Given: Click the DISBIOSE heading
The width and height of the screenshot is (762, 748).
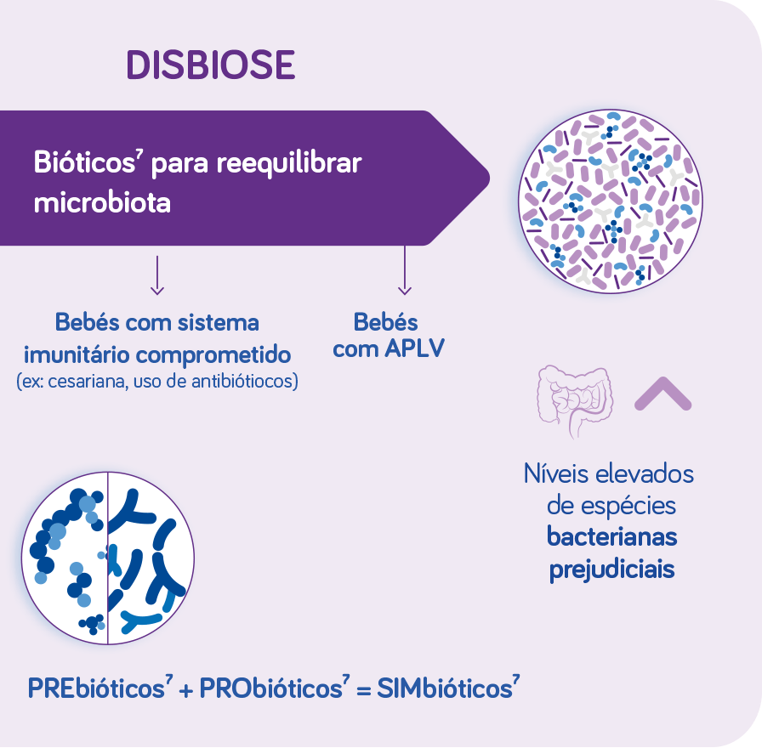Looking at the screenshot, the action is coord(210,65).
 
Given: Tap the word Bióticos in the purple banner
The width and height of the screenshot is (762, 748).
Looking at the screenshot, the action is coord(84,161).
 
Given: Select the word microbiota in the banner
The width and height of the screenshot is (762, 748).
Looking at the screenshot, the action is coord(102,202).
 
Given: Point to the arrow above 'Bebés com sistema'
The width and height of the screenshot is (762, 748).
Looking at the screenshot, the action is coord(157,275).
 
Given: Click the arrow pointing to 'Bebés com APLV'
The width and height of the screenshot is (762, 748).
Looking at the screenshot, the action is coord(404,270).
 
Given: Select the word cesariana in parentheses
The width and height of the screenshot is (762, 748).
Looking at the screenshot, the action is coord(88,382).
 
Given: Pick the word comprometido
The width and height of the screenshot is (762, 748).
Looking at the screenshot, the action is coord(213,355).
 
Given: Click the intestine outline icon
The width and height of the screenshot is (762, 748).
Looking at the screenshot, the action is coord(576,401).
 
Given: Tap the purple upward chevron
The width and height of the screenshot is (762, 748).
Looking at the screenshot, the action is coord(662,394).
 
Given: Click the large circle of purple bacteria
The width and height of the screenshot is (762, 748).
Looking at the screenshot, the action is coord(611,201).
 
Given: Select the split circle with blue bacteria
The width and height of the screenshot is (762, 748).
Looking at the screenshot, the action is coord(108,558).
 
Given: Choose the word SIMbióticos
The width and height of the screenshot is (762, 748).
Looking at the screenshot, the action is coord(447,688).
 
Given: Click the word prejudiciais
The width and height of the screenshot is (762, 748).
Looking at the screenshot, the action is coord(611,569).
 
